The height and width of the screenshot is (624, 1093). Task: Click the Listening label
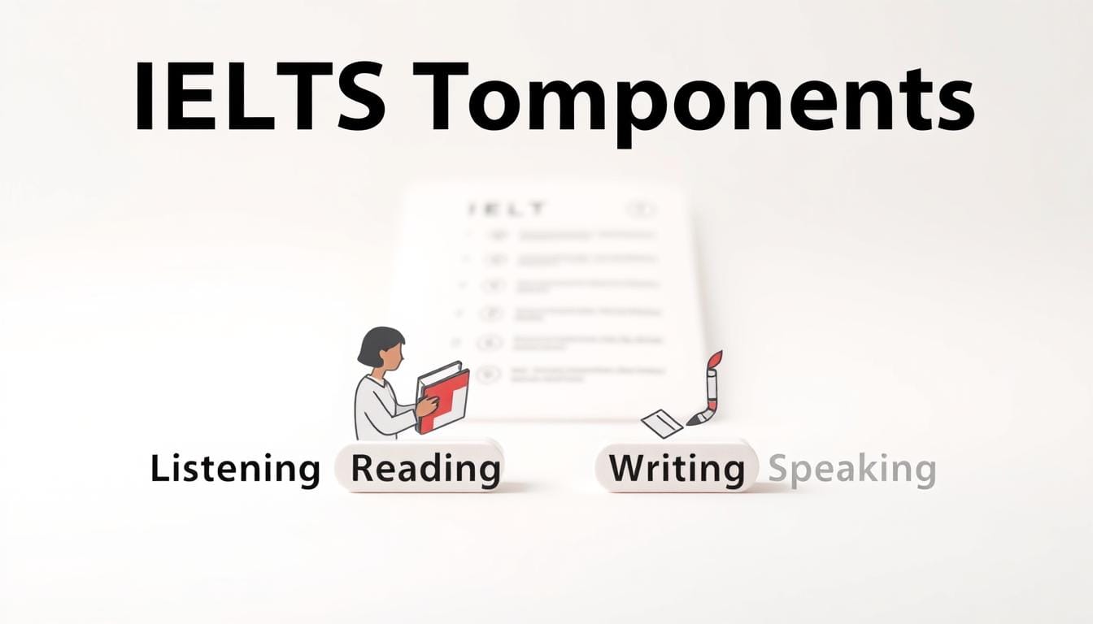pyautogui.click(x=235, y=470)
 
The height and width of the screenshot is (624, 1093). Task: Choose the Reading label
pyautogui.click(x=425, y=469)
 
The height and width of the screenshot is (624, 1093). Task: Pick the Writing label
pyautogui.click(x=677, y=469)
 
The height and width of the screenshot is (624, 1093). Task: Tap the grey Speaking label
pyautogui.click(x=851, y=470)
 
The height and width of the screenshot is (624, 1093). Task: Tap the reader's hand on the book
pyautogui.click(x=427, y=405)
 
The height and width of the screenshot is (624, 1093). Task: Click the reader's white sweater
pyautogui.click(x=378, y=410)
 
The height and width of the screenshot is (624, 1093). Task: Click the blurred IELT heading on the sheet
pyautogui.click(x=506, y=209)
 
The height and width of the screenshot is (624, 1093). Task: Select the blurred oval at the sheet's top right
pyautogui.click(x=642, y=209)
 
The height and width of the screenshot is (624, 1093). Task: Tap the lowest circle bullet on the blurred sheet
pyautogui.click(x=487, y=375)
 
